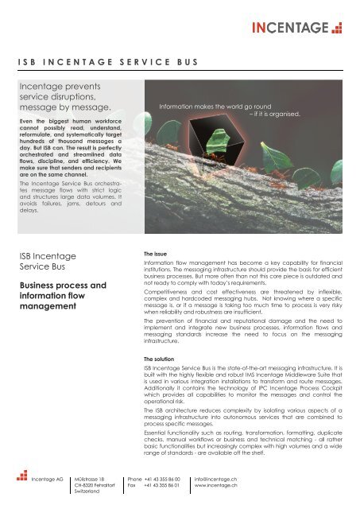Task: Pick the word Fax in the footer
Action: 132,488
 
